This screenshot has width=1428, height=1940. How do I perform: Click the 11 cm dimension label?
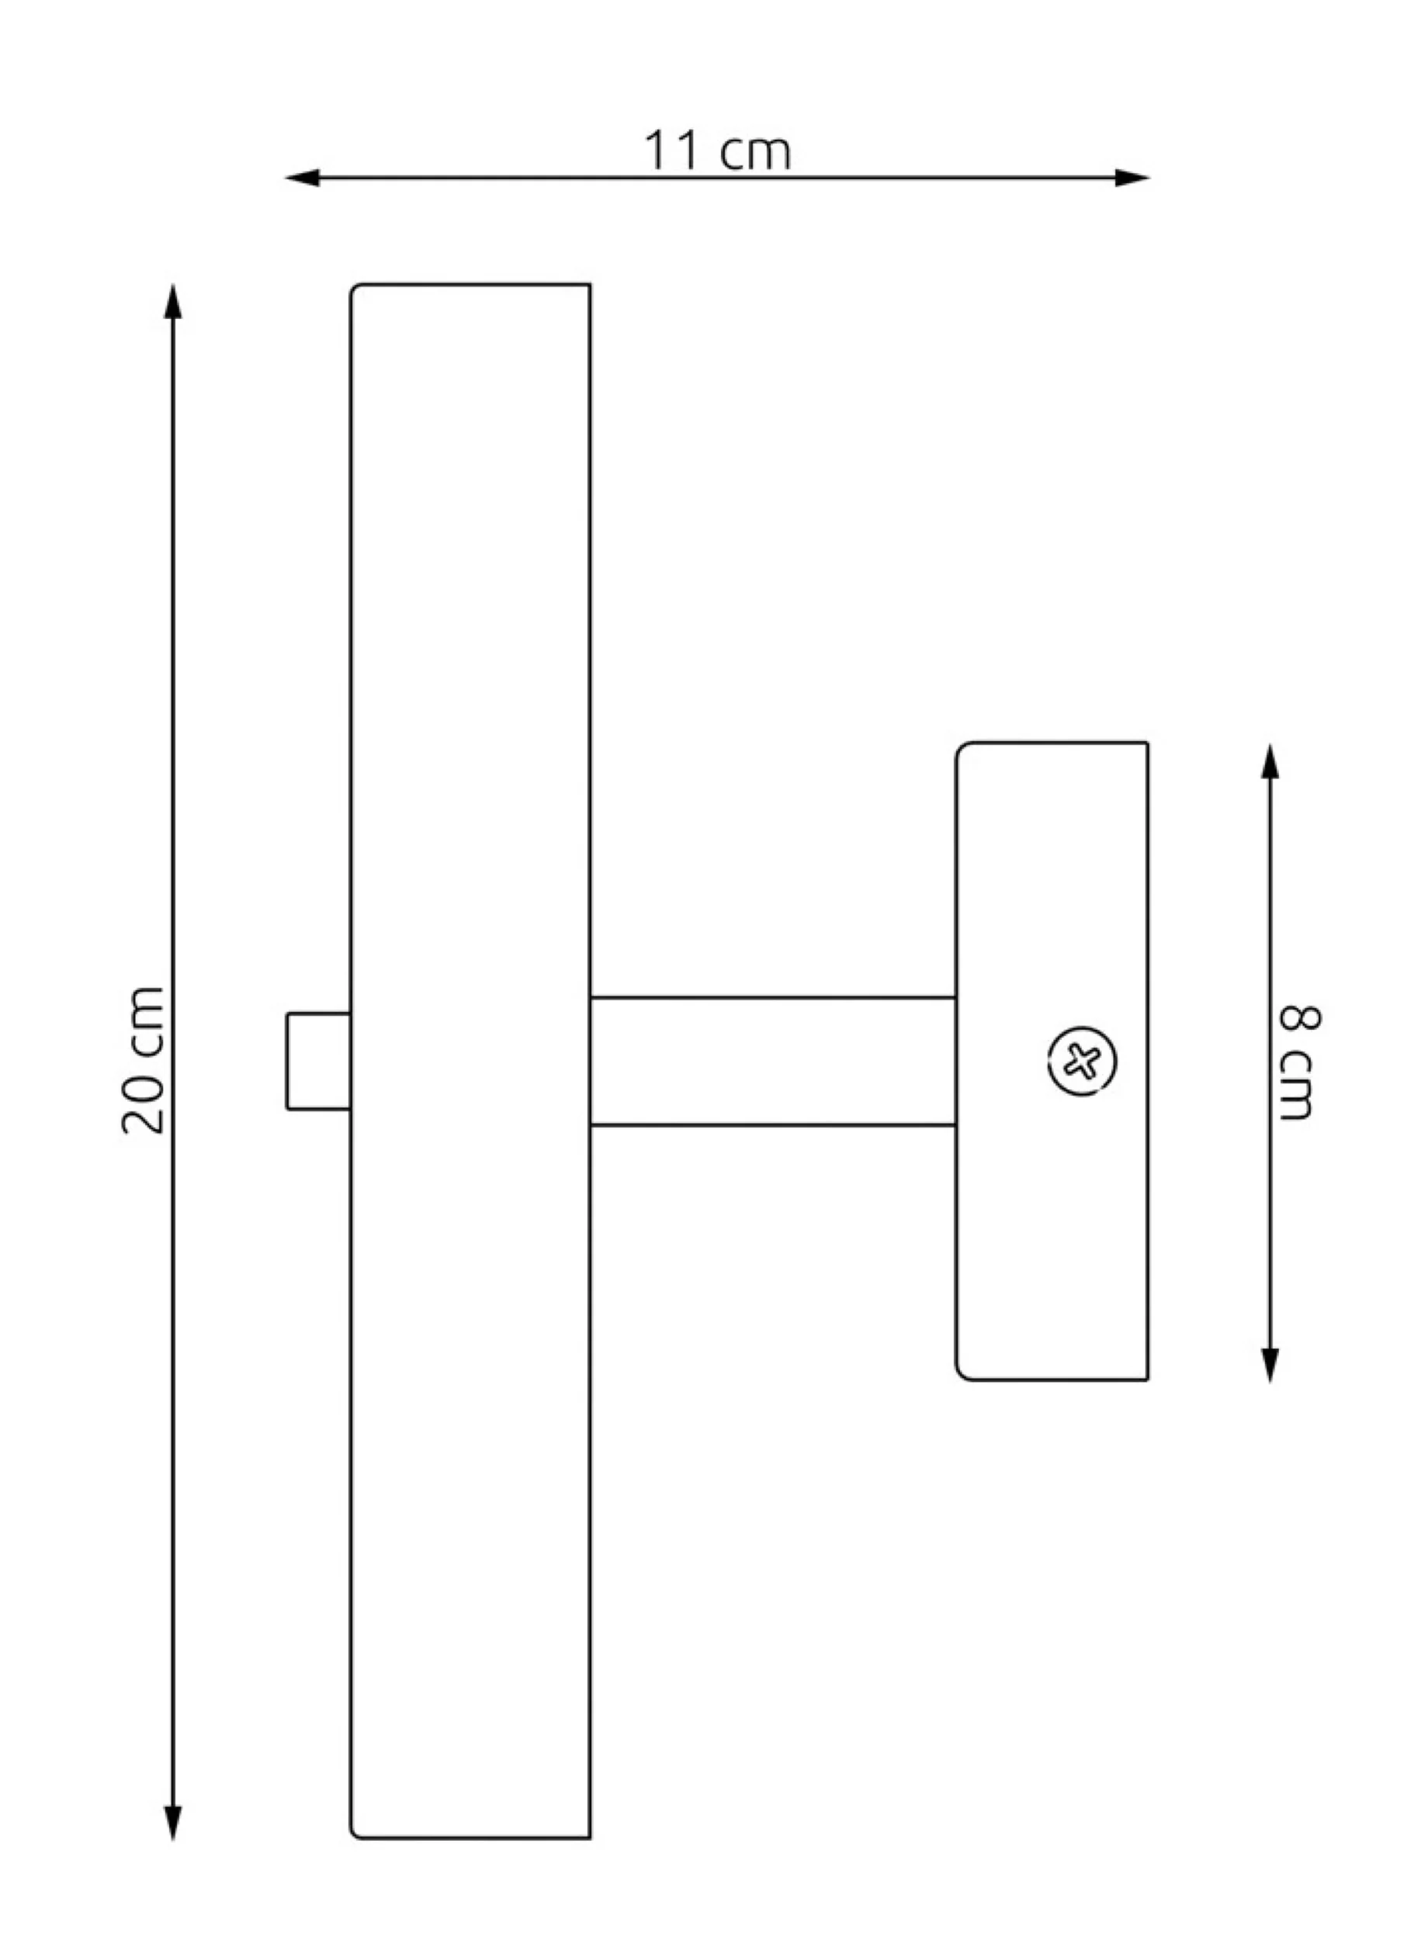click(716, 151)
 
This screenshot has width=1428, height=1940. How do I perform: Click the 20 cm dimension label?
click(144, 1059)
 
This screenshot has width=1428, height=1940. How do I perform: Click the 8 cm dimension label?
click(1299, 1062)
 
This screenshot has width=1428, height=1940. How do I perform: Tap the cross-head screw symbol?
click(1081, 1061)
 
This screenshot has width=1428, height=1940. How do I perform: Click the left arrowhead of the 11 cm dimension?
click(303, 178)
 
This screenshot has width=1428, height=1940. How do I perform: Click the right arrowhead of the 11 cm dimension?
click(1132, 178)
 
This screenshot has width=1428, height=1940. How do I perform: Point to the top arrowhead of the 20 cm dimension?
click(173, 302)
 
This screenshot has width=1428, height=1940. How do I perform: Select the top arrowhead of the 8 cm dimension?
click(1270, 760)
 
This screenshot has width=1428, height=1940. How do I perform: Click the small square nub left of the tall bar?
click(319, 1060)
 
